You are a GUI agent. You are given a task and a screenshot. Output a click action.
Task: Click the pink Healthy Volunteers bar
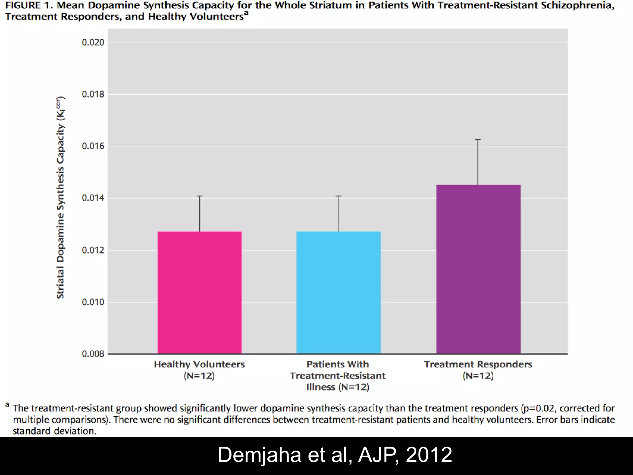tap(199, 292)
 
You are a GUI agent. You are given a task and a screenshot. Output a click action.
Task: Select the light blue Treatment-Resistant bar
tap(338, 292)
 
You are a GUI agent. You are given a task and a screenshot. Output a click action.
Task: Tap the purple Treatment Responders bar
tap(478, 269)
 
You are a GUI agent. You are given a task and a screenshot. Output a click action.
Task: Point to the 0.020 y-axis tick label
tap(93, 42)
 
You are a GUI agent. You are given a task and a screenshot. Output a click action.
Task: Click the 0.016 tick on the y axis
tap(93, 146)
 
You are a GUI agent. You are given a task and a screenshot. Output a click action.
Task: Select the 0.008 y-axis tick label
tap(93, 354)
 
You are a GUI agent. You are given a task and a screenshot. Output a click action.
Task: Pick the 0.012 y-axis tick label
tap(93, 250)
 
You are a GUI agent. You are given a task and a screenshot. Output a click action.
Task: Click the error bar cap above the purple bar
tap(478, 140)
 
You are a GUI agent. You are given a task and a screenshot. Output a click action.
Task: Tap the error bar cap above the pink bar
tap(200, 196)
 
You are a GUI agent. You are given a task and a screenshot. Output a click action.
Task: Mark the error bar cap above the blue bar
tap(339, 196)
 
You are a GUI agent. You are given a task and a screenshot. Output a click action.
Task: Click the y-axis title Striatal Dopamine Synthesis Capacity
tap(61, 198)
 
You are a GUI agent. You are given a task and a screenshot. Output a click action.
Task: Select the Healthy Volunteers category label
tap(199, 365)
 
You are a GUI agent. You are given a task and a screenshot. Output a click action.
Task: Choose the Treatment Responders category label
tap(478, 365)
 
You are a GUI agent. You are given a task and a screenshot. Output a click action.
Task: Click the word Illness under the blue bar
tap(320, 387)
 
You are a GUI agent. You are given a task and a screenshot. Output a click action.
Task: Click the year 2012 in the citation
tap(429, 455)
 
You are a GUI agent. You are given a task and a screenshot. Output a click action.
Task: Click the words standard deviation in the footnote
tap(54, 431)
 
